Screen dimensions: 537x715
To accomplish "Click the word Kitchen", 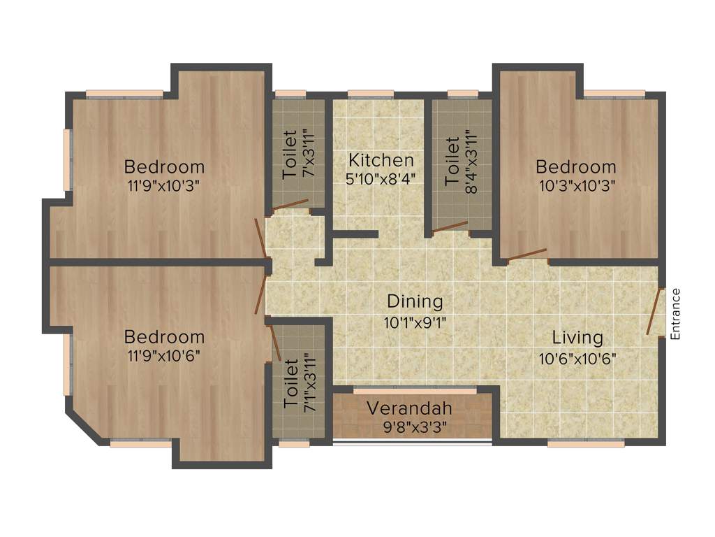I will click(x=381, y=159).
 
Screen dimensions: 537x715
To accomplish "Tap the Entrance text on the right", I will click(x=675, y=314).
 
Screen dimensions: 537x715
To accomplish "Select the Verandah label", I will click(x=410, y=408).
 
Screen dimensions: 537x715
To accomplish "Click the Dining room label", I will click(x=415, y=301).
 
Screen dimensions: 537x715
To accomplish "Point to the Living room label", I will click(x=577, y=338).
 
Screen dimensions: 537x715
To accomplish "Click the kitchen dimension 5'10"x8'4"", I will click(x=381, y=178).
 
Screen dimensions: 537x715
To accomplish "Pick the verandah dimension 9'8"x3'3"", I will click(x=410, y=426).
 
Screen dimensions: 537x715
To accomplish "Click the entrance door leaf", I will click(x=654, y=312).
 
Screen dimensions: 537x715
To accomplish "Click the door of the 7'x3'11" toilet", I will click(x=290, y=206).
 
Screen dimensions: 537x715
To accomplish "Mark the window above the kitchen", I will click(x=370, y=94).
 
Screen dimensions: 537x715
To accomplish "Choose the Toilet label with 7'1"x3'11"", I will click(x=290, y=385).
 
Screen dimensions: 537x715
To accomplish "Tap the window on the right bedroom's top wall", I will click(x=614, y=94).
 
